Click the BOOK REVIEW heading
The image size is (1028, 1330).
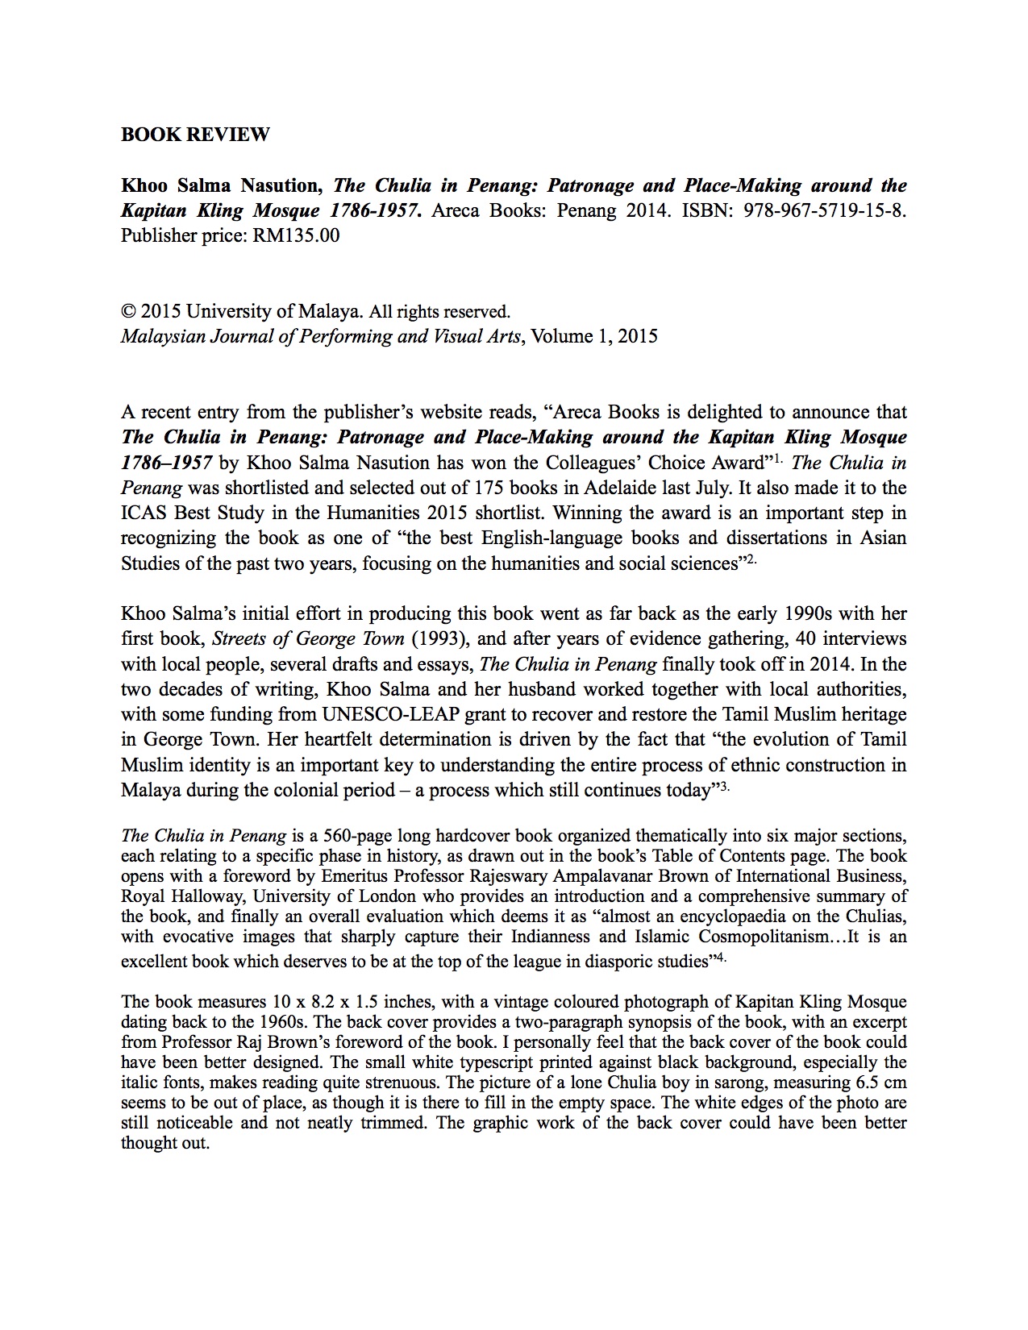[x=195, y=135]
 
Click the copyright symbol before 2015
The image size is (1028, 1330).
[x=127, y=311]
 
